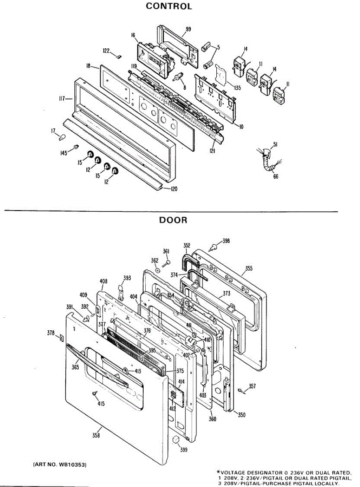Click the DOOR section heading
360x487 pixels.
click(173, 220)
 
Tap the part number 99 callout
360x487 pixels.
click(188, 29)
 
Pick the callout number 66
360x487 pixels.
click(276, 176)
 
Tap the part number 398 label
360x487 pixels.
click(226, 241)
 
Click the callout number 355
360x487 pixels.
click(249, 269)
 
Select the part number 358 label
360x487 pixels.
click(96, 435)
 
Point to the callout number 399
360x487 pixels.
click(184, 449)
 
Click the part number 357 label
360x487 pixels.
click(252, 386)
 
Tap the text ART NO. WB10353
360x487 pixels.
click(59, 463)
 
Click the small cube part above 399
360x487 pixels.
click(176, 440)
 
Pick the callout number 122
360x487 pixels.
click(106, 51)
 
